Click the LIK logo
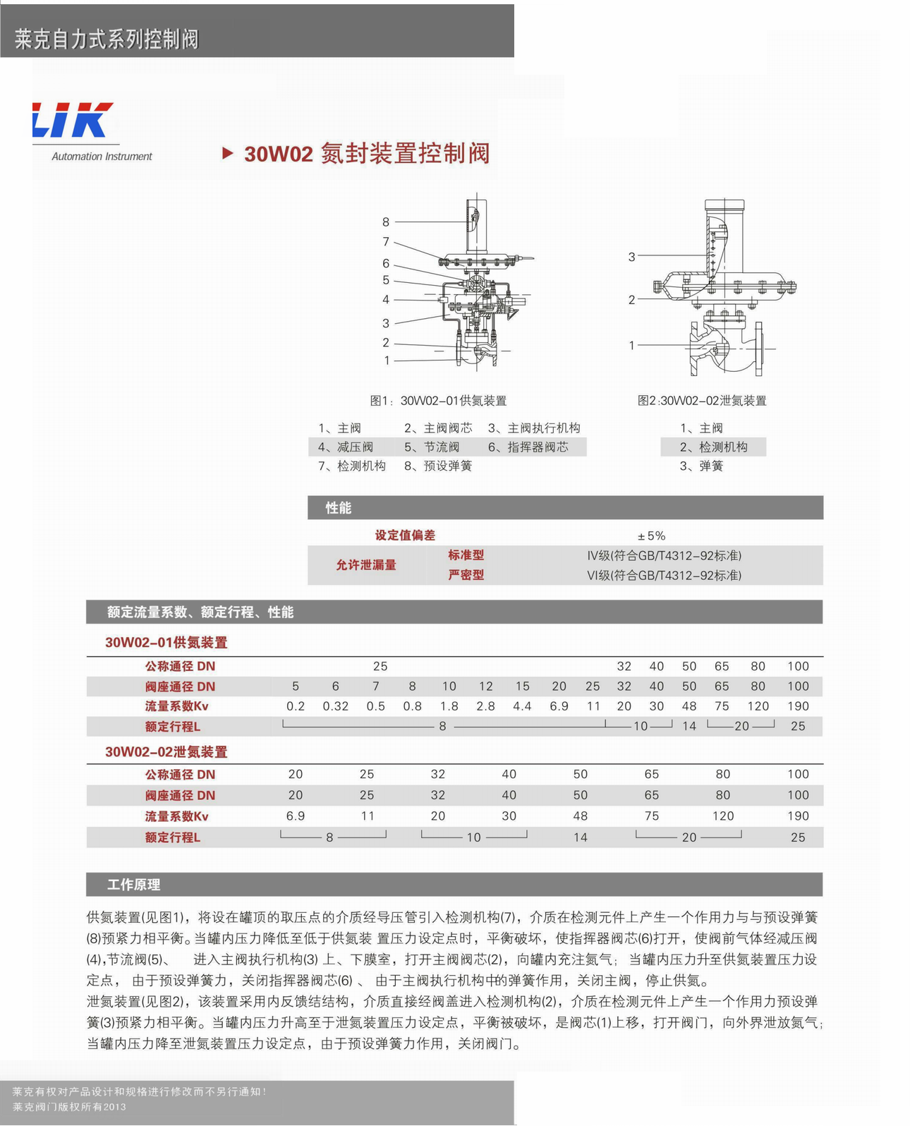point(73,120)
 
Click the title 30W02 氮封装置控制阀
point(366,153)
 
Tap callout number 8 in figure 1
point(386,222)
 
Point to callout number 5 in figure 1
point(386,280)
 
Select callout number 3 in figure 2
point(631,257)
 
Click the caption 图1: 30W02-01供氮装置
point(438,401)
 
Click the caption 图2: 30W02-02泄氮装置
point(701,401)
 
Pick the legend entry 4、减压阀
point(345,447)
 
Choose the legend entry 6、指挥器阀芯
point(528,447)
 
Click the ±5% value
point(651,536)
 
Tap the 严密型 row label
point(466,575)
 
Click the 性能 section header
point(338,508)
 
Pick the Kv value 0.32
point(335,706)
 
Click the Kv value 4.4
point(522,706)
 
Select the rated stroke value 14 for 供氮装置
point(688,726)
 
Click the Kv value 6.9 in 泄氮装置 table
point(296,816)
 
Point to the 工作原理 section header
point(133,885)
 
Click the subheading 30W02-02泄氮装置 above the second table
point(166,752)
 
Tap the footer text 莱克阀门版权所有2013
point(69,1107)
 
